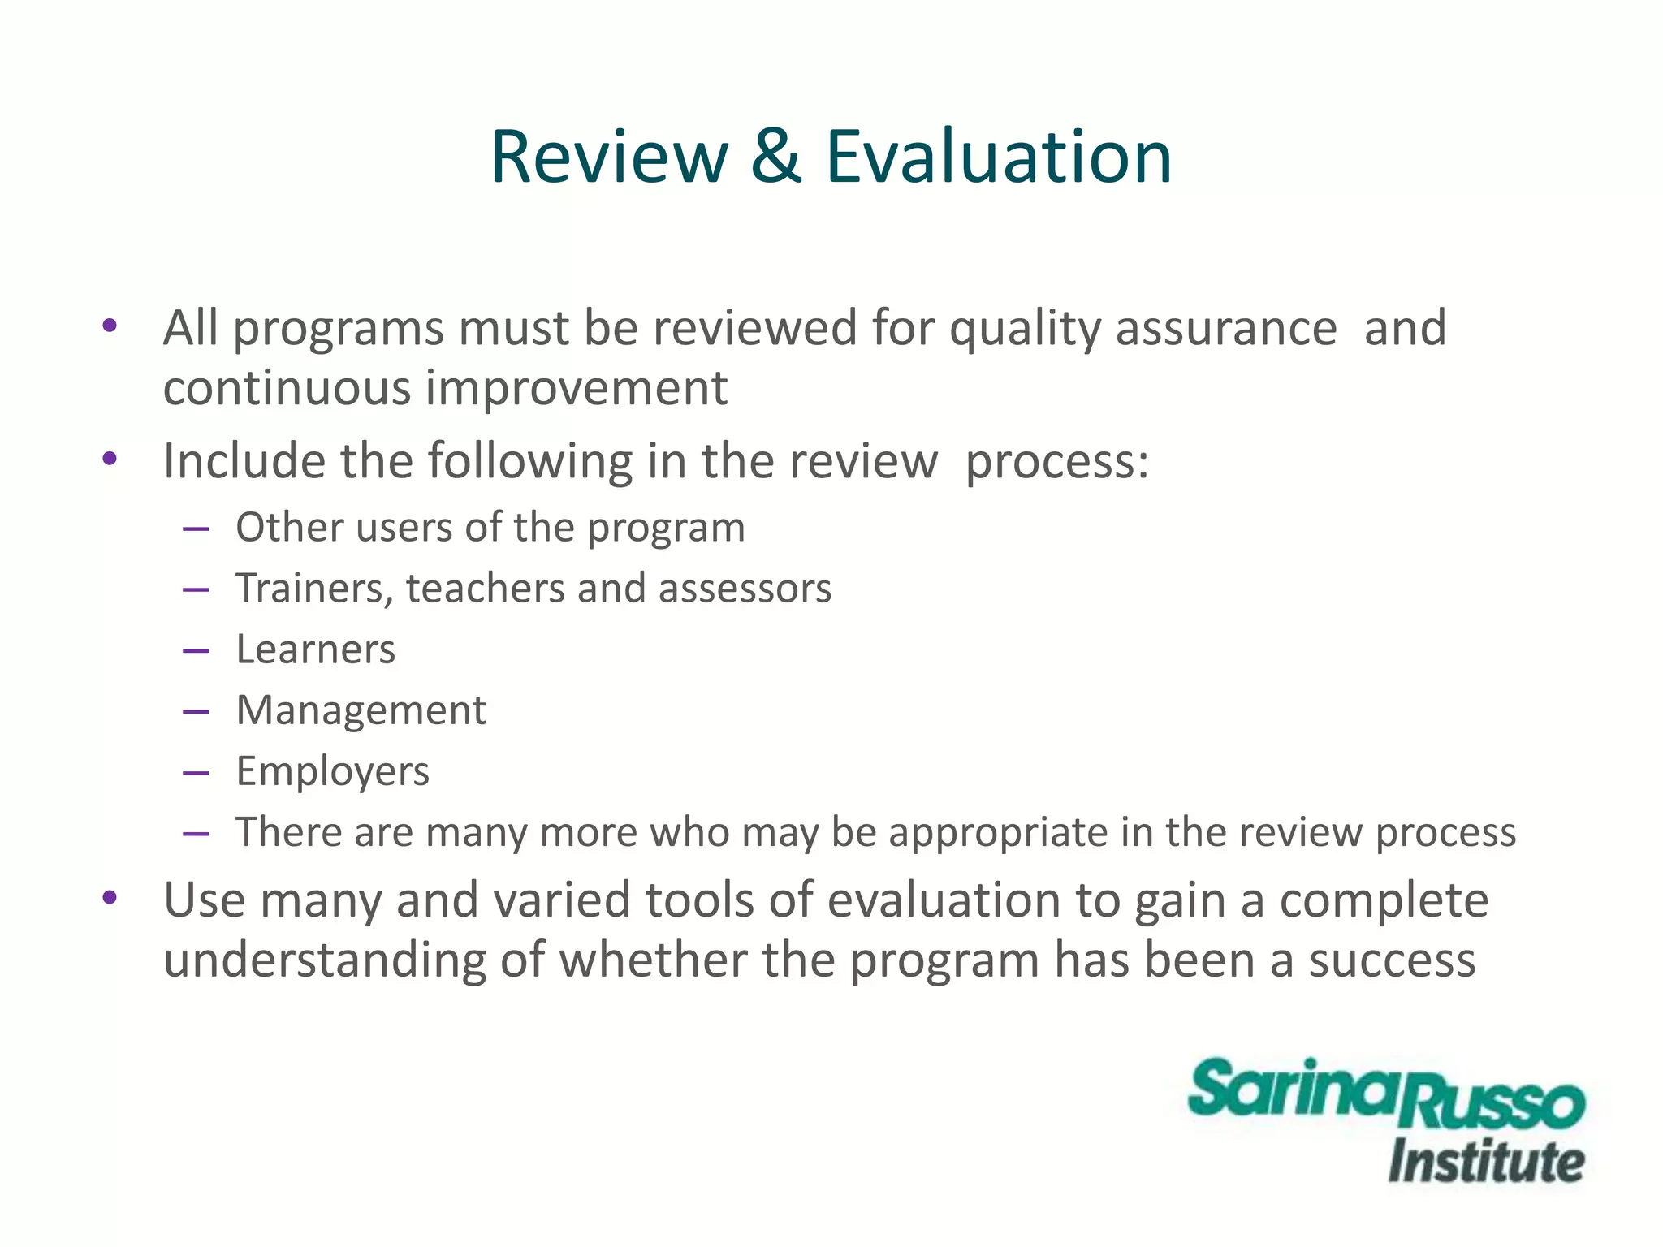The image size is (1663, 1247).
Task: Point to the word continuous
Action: tap(287, 388)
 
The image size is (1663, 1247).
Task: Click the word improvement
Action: tap(577, 388)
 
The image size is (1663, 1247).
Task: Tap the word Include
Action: tap(244, 461)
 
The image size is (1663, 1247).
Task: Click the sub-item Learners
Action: tap(315, 649)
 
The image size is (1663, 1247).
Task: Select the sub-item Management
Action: tap(361, 710)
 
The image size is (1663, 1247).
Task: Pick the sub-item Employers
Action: tap(332, 771)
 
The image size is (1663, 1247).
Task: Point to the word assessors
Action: tap(745, 589)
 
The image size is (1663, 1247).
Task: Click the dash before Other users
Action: tap(197, 529)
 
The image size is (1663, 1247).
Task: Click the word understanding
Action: tap(325, 960)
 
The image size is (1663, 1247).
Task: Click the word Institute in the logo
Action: tap(1486, 1162)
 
